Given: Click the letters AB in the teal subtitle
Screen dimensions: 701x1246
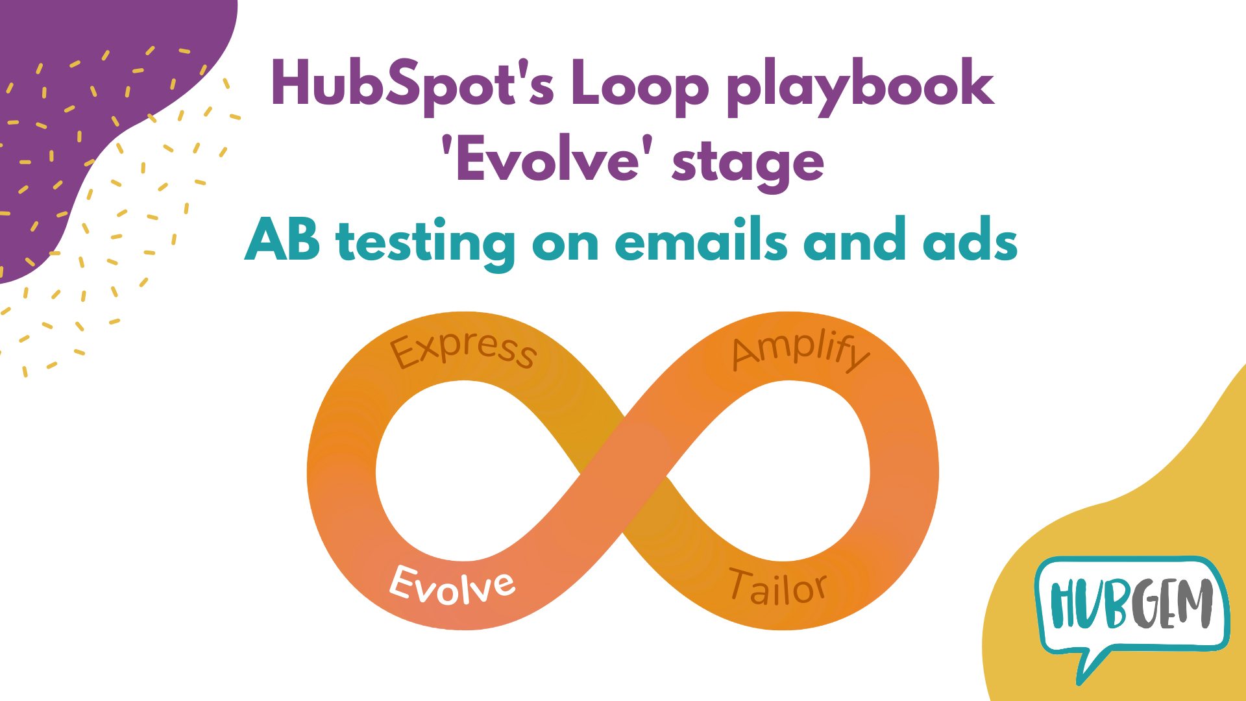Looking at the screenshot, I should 283,240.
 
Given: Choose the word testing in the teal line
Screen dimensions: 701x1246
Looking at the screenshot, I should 425,243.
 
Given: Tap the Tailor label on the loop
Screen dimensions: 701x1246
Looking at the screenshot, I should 777,587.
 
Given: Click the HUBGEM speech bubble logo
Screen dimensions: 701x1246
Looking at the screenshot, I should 1131,607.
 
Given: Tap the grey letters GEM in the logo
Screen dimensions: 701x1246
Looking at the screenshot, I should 1172,604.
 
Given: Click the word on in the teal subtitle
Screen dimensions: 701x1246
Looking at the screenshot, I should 565,243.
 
